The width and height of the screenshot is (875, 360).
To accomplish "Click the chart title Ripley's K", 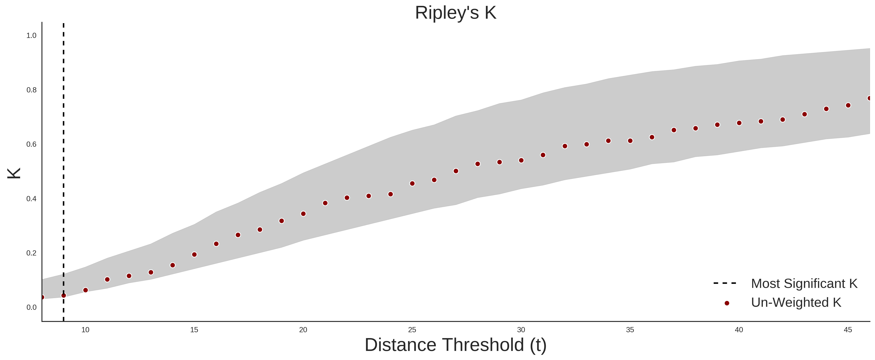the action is (x=455, y=13).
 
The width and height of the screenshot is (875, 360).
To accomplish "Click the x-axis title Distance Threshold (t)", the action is (x=455, y=345).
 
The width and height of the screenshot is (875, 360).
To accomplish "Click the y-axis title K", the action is (x=14, y=173).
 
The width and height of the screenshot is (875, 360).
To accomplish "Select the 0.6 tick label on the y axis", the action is (x=31, y=144).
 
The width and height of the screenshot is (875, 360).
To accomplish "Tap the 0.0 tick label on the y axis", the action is (x=31, y=307).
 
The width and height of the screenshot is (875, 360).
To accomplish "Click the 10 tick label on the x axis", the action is (x=85, y=330).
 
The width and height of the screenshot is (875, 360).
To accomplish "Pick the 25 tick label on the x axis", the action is (x=412, y=330).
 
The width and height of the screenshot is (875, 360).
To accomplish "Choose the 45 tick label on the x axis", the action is (x=848, y=330).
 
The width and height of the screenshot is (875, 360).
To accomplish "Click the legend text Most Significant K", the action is (x=804, y=284).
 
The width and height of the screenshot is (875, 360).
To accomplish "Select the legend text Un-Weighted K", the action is (x=796, y=302).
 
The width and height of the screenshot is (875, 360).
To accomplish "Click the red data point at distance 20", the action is (x=303, y=214).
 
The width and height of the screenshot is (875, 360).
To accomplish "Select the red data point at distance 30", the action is (x=521, y=160).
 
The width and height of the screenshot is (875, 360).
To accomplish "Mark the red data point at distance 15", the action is (x=194, y=254).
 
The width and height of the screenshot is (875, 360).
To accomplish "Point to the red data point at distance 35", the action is (x=630, y=141).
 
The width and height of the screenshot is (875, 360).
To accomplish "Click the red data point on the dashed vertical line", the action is (x=64, y=296).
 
